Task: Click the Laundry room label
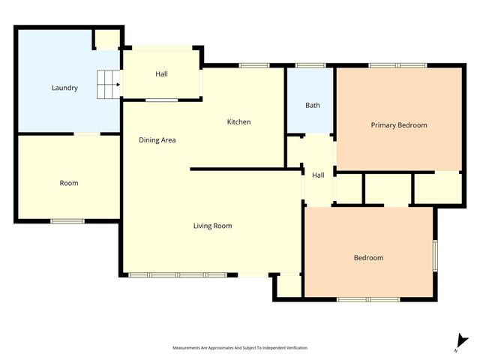pos(64,88)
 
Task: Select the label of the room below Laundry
pos(69,183)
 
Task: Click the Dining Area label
pos(157,140)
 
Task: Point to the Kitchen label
pos(238,122)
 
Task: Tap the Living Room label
pos(212,226)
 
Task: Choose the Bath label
pos(313,106)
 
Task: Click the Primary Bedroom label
pos(399,125)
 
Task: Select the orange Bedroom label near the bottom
pos(368,258)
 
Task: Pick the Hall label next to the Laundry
pos(161,74)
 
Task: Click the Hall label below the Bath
pos(318,175)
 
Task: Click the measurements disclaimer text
pos(240,348)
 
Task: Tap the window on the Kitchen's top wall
pos(254,66)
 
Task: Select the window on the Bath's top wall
pos(310,66)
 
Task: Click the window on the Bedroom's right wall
pos(434,254)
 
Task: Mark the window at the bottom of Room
pos(68,220)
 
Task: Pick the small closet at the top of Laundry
pos(106,39)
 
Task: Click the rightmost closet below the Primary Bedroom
pos(437,188)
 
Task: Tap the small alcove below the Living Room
pos(288,286)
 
